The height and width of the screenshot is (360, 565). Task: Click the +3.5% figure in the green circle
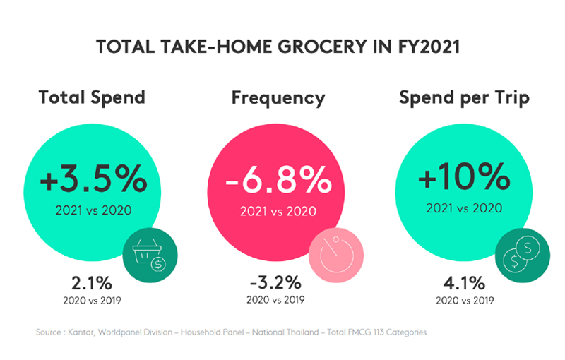(93, 179)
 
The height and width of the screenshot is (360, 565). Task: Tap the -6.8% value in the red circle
(278, 179)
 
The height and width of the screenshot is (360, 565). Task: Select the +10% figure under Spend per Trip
(464, 176)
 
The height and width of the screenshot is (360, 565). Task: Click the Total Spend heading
(92, 97)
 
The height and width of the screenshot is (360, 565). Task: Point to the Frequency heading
(278, 98)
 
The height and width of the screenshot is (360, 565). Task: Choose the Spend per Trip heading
(464, 98)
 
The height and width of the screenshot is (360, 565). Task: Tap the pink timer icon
(336, 256)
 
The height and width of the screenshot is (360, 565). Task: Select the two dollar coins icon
(523, 256)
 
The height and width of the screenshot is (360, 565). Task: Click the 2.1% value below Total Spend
(92, 283)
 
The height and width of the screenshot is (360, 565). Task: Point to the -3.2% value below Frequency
(275, 282)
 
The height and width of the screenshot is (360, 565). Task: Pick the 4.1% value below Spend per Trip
(465, 283)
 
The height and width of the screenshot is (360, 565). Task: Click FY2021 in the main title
(429, 47)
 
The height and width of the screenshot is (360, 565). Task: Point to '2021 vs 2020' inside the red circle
(278, 211)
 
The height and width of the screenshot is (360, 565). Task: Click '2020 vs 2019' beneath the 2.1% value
(93, 300)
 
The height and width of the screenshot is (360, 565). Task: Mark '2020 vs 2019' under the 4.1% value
(465, 300)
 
